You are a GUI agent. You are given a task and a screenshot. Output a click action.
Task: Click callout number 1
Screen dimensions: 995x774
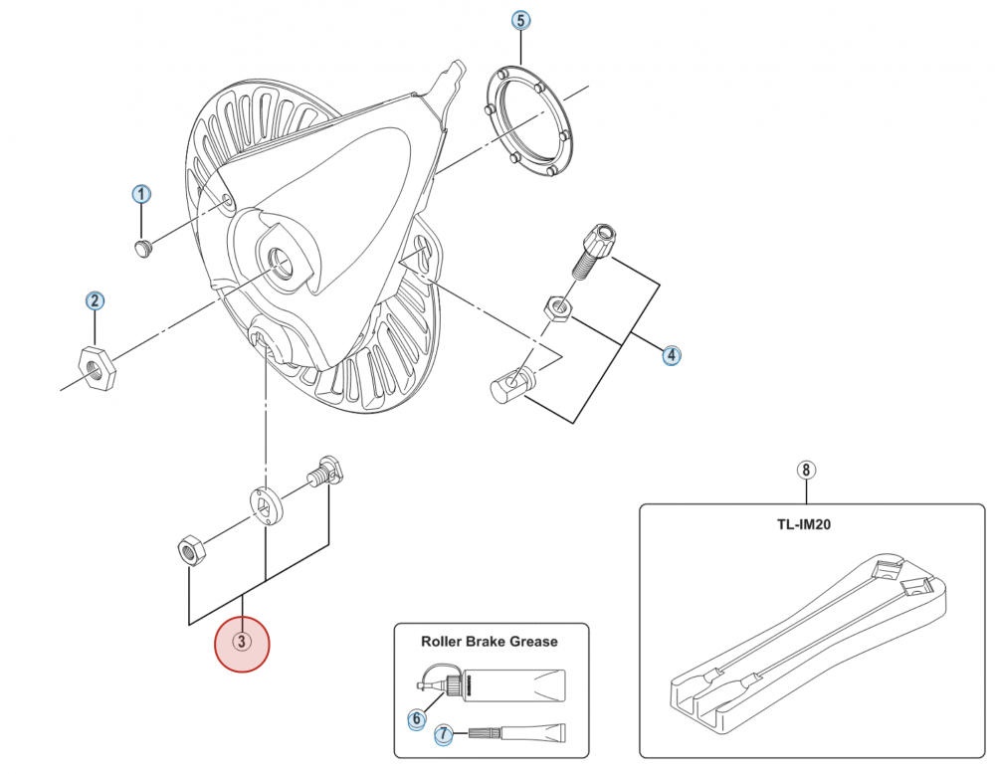141,194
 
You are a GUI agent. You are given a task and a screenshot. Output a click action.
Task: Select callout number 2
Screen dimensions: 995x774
95,300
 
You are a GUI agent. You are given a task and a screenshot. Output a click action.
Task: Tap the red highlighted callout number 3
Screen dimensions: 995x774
242,643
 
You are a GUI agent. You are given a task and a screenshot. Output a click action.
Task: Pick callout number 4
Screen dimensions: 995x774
671,355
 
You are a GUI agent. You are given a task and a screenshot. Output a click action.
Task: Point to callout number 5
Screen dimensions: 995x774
520,20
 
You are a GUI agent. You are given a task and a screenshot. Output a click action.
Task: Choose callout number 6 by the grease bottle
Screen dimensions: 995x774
416,719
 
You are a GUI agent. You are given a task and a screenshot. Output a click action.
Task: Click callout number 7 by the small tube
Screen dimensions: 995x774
444,735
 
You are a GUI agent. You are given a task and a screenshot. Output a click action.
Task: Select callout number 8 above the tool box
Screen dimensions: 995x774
805,471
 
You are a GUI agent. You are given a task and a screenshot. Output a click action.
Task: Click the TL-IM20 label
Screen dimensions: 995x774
804,525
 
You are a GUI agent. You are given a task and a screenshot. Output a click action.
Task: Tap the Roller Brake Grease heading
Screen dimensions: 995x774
490,642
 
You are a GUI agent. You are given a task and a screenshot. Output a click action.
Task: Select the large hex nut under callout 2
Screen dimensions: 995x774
98,368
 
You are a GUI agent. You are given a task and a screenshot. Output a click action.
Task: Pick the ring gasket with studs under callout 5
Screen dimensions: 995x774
530,120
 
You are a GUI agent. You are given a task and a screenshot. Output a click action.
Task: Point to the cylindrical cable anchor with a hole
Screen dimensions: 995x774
514,383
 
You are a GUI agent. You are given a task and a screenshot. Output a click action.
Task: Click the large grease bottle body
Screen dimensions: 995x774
514,685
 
